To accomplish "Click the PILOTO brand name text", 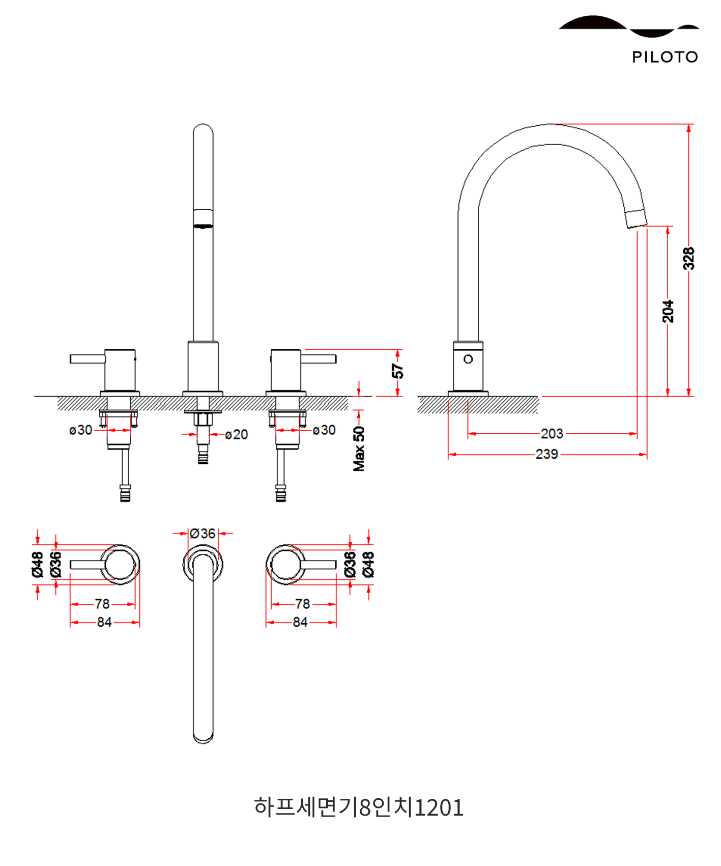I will (x=665, y=57).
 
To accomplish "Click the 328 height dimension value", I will (x=688, y=259).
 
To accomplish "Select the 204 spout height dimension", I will (x=668, y=311).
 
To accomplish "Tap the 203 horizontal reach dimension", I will (x=552, y=434).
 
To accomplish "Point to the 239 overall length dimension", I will (x=547, y=454).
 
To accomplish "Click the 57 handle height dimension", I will (x=397, y=371).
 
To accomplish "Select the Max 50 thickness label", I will (x=359, y=449).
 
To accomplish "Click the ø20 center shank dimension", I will (x=237, y=435).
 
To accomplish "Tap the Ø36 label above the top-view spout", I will (x=203, y=534).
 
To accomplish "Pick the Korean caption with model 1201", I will (x=359, y=807).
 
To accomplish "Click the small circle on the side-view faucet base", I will (x=468, y=359).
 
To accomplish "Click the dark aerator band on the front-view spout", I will (x=203, y=226).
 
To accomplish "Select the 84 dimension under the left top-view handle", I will (x=104, y=622).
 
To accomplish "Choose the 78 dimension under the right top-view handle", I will (x=302, y=604).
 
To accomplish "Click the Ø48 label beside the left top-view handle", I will (x=37, y=564).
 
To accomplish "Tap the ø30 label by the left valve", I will (x=81, y=430).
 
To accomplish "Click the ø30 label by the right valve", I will (x=324, y=430).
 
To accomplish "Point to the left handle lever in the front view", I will (x=88, y=359).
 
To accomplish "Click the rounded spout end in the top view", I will (x=203, y=736).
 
